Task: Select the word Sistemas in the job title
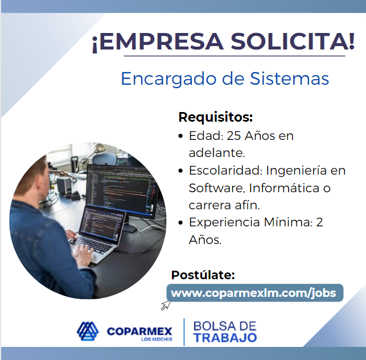pyautogui.click(x=289, y=78)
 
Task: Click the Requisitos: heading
pyautogui.click(x=216, y=117)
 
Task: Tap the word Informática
pyautogui.click(x=284, y=188)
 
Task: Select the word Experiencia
pyautogui.click(x=224, y=222)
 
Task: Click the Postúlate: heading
pyautogui.click(x=203, y=275)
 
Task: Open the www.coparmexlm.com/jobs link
pyautogui.click(x=253, y=293)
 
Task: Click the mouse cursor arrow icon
pyautogui.click(x=166, y=305)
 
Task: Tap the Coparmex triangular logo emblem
pyautogui.click(x=88, y=332)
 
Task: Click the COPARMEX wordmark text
pyautogui.click(x=139, y=331)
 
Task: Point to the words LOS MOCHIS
pyautogui.click(x=157, y=340)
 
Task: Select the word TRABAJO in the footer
pyautogui.click(x=225, y=338)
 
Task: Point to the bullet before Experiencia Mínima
pyautogui.click(x=180, y=223)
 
